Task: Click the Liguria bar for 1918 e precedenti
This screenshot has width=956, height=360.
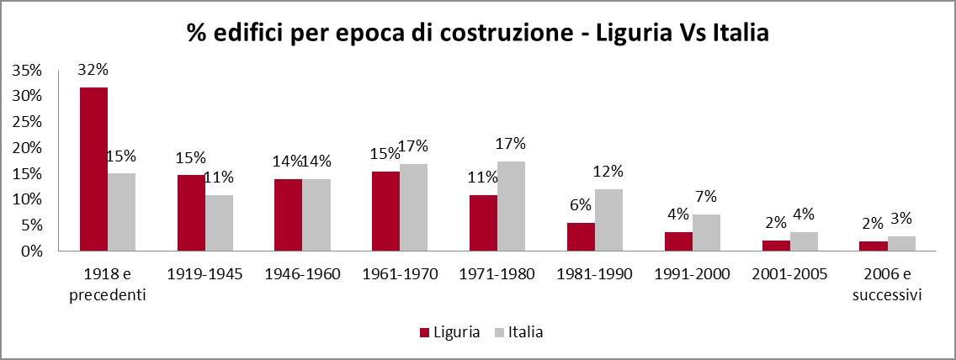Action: tap(93, 169)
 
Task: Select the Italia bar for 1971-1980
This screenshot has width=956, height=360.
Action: tap(511, 206)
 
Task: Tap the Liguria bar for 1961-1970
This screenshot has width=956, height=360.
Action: tap(386, 211)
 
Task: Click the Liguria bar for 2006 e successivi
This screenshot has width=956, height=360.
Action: tap(874, 246)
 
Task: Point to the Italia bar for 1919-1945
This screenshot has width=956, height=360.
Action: tap(219, 223)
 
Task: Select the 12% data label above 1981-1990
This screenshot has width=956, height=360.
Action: tap(608, 172)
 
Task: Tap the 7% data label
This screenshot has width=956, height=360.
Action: tap(705, 197)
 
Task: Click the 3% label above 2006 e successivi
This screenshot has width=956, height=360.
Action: tap(900, 219)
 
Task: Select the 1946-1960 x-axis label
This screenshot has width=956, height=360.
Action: tap(302, 274)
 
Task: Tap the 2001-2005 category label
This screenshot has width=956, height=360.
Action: tap(789, 274)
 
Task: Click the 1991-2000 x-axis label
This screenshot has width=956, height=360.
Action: tap(693, 274)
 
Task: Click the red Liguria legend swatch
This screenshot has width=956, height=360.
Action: tap(425, 332)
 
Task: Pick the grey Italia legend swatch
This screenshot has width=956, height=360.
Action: tap(498, 332)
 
